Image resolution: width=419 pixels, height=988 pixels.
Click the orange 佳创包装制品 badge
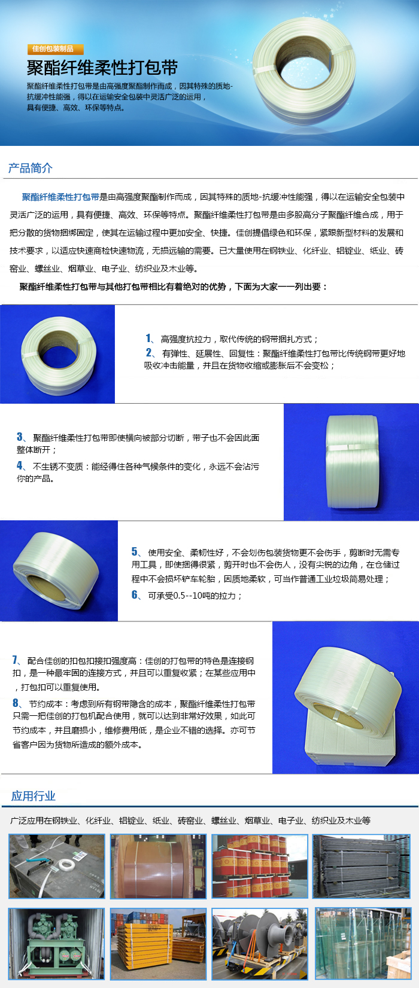coord(55,49)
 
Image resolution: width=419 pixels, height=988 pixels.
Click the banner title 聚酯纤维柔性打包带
coord(102,68)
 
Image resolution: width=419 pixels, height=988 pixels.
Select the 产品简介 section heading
coord(31,168)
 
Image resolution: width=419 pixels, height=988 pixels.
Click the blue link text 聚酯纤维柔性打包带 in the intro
coord(60,197)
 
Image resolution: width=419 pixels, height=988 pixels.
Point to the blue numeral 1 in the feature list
coord(148,339)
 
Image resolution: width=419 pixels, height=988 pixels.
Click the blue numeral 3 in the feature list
coord(19,437)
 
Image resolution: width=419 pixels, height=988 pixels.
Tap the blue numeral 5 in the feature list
coord(134,551)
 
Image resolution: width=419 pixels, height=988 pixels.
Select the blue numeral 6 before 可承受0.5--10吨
coord(134,594)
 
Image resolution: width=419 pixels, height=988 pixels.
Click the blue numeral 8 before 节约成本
coord(16,703)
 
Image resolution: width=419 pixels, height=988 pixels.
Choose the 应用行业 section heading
coord(33,796)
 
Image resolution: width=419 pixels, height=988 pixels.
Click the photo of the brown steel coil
coord(158,866)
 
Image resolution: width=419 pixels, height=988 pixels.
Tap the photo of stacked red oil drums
coord(260,866)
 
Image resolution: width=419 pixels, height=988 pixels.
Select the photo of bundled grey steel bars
coord(362,866)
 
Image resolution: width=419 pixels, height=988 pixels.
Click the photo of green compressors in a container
coord(56,944)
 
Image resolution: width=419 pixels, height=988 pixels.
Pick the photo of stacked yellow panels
coord(158,944)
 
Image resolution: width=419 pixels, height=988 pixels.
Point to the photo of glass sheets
coord(363,944)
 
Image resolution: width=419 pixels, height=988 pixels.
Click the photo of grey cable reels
coord(260,944)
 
